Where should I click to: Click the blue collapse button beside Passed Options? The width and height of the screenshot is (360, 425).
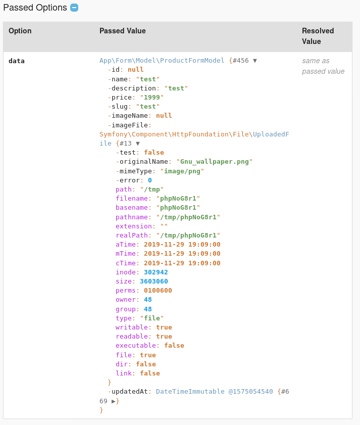click(74, 8)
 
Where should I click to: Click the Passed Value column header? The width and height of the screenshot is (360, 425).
click(122, 31)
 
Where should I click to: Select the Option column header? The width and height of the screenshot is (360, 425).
click(20, 31)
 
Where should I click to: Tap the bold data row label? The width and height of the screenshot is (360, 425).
click(17, 61)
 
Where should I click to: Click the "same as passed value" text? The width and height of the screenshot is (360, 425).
click(323, 66)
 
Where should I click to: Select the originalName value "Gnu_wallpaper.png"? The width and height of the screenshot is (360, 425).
click(214, 162)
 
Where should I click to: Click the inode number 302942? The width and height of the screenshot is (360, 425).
click(156, 272)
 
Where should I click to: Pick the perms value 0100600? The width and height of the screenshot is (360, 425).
click(158, 290)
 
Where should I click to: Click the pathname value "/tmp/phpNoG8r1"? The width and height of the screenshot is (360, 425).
click(188, 217)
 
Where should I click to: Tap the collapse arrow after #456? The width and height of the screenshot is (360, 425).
click(255, 61)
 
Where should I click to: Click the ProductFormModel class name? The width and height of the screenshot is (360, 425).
click(192, 61)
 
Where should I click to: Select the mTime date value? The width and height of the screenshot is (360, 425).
click(182, 254)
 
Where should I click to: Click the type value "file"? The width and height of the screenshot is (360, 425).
click(152, 318)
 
